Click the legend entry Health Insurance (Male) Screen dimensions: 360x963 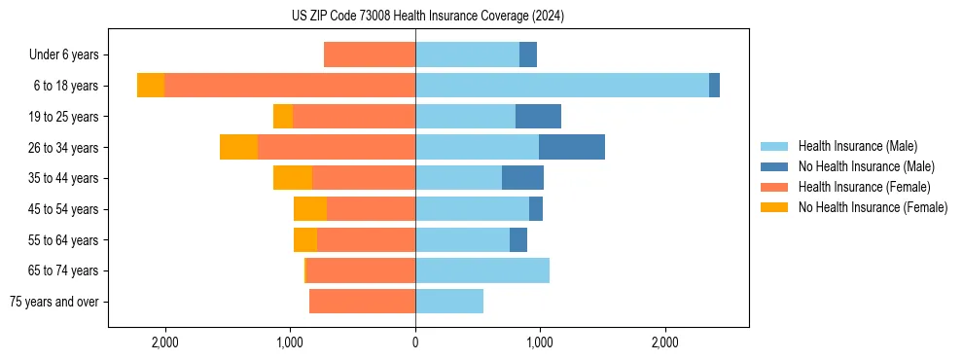[x=857, y=146]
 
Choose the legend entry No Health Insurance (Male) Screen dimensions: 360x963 [x=866, y=166]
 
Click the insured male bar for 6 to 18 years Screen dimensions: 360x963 [x=562, y=86]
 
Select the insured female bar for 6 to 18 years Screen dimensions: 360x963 [x=290, y=86]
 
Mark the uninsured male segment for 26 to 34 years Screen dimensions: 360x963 [x=572, y=147]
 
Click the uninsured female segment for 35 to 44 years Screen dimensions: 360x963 [x=293, y=178]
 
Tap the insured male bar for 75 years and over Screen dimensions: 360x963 [x=449, y=302]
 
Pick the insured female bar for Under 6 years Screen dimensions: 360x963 [x=370, y=54]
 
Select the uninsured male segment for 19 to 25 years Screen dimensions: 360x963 [x=538, y=117]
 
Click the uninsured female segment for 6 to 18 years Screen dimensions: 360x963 [x=151, y=86]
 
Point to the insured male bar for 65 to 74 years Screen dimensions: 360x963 [x=482, y=270]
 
